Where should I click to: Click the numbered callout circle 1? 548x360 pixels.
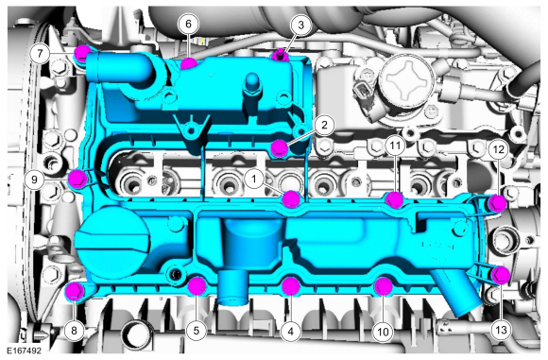click(254, 180)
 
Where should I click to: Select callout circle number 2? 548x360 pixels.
click(324, 125)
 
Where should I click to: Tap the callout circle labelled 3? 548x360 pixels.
click(300, 26)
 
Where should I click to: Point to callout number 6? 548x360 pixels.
click(188, 25)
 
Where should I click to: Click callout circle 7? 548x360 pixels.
click(40, 54)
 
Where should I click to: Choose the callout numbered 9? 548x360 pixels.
click(34, 180)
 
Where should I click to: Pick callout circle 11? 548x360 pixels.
click(395, 146)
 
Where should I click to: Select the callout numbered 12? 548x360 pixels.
click(499, 149)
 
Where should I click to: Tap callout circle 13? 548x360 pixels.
click(501, 330)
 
